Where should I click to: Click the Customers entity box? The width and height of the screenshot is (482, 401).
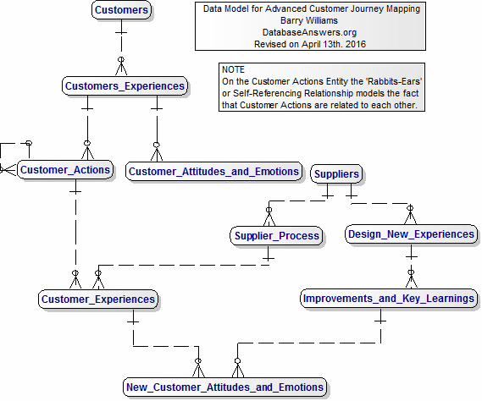point(121,11)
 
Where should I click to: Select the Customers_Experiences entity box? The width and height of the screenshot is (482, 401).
point(125,86)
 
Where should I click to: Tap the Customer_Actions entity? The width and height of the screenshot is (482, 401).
point(65,170)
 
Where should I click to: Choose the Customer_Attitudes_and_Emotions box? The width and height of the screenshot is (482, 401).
point(214,172)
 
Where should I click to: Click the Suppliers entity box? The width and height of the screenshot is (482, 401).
point(336,174)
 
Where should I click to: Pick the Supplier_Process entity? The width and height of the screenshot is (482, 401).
point(275,236)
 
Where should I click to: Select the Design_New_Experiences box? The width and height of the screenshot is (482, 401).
point(411,234)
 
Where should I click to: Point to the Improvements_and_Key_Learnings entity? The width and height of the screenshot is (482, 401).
point(389,299)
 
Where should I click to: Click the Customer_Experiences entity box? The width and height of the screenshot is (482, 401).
point(98,299)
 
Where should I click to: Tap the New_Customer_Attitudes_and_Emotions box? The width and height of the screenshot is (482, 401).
point(224,387)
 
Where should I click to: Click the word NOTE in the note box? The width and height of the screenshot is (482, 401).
point(233,69)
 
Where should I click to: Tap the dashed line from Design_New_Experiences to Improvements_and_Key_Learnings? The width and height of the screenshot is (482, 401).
point(411,266)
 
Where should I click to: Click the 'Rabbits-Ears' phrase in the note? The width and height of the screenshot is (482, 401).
point(392,81)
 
